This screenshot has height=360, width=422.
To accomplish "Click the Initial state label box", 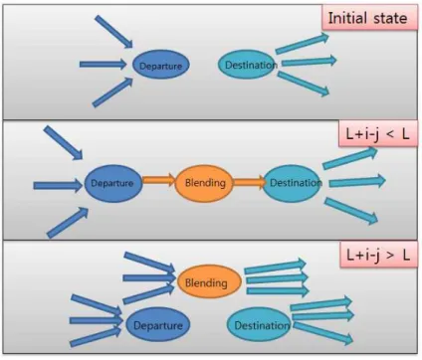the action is pos(369,18).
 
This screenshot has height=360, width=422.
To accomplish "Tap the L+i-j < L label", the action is pos(378,134).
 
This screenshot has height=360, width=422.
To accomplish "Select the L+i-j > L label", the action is pos(378,255).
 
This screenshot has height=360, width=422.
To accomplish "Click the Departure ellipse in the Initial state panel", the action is pos(161,65).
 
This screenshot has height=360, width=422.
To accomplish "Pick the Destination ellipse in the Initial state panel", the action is pos(247,65).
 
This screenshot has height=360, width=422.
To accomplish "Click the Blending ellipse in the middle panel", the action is pos(204,183).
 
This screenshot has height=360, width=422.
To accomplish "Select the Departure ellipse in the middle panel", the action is pos(113,183).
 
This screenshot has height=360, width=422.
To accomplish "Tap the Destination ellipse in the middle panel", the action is pos(293,183).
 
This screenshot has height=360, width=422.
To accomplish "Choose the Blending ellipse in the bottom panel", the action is pos(209,282).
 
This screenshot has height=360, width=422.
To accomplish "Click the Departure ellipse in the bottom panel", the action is pos(158,324).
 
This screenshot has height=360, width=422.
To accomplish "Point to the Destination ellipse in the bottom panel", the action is pos(260,324).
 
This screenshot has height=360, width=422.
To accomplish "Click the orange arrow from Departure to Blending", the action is pos(158,180).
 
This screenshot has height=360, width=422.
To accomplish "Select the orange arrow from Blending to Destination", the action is pos(250,182).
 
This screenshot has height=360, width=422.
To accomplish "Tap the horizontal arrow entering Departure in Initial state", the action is pos(104,64).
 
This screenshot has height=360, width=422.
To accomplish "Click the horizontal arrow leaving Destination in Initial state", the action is pos(309,62).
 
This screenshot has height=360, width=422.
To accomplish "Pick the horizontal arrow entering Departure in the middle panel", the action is pos(58,185).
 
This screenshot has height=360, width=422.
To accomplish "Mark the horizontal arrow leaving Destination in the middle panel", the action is pos(357,182).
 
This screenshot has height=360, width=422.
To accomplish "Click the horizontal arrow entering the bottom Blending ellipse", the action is pos(149,277).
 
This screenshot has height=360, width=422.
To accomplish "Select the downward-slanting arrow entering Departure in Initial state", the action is pos(113,32).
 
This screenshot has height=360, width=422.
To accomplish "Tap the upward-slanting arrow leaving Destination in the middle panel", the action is pos(350,158).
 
